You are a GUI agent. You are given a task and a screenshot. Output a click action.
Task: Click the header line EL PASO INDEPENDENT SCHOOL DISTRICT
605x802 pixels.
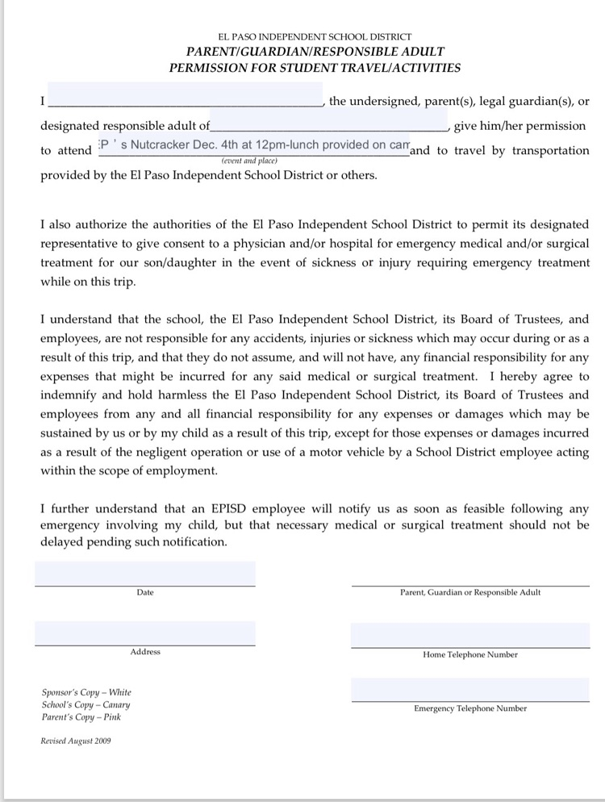(315, 37)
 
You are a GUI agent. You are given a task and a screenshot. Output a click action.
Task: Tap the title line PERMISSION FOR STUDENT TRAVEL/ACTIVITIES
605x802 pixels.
(315, 68)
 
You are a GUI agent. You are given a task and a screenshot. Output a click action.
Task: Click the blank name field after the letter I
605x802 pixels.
(186, 95)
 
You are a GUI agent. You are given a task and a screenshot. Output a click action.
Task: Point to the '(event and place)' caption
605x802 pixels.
(248, 161)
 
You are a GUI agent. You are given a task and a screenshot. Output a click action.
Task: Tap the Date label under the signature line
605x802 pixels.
(145, 592)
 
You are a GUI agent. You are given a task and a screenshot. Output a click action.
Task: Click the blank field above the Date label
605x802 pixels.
(145, 573)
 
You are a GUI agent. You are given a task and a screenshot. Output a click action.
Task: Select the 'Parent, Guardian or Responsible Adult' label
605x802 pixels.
(470, 592)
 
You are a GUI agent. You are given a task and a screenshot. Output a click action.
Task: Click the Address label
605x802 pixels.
(145, 652)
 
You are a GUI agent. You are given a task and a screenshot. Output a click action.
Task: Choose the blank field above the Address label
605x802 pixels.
(145, 633)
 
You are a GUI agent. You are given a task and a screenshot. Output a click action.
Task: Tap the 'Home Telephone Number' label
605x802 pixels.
(470, 654)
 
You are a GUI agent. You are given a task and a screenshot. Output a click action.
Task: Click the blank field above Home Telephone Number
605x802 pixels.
(470, 635)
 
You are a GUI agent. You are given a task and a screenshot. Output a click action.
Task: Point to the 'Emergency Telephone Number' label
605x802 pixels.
(470, 708)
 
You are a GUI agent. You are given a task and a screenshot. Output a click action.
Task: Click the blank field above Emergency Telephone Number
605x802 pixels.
(470, 690)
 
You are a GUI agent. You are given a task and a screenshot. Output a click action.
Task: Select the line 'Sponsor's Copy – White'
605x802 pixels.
(86, 692)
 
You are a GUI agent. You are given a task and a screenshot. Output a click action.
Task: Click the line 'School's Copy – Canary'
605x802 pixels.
(86, 704)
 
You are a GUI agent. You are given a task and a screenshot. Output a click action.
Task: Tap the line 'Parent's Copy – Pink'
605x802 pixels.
(81, 716)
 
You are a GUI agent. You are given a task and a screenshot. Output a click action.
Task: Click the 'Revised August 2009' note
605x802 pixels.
(76, 740)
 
